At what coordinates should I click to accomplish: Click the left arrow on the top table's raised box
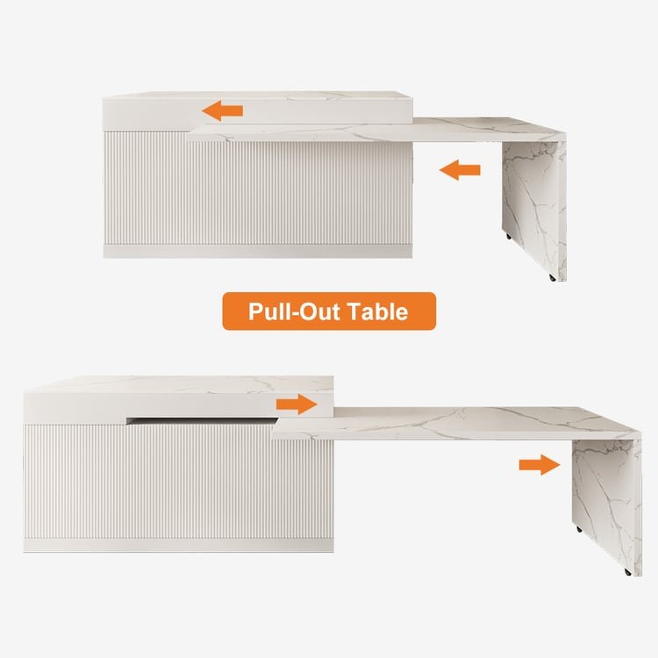223,111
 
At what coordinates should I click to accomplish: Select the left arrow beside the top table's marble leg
460,170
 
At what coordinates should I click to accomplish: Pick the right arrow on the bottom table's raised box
297,404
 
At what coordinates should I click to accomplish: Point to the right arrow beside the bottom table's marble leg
540,464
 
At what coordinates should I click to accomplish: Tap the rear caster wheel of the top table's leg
509,237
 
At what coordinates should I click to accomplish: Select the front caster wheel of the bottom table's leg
628,572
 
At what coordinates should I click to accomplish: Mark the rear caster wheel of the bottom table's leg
580,530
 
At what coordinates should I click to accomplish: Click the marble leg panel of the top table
533,210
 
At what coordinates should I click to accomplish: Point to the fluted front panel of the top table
258,188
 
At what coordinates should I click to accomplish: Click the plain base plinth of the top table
258,252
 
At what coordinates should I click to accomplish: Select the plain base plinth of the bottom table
178,546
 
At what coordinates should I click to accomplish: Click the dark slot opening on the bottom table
202,420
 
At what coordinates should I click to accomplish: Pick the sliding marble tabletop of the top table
376,129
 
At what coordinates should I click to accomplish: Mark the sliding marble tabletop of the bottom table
456,423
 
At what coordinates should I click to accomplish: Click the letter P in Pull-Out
255,311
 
